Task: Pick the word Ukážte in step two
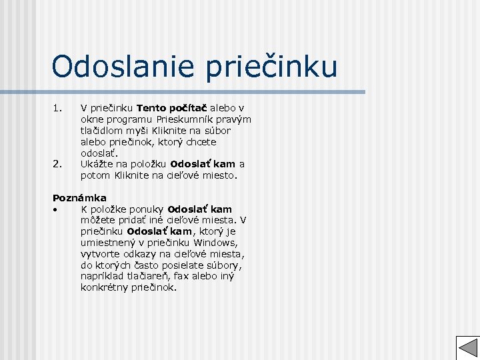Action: click(97, 164)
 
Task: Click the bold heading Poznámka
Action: click(79, 198)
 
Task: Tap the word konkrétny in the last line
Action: click(104, 288)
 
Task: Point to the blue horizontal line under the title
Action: click(207, 92)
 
